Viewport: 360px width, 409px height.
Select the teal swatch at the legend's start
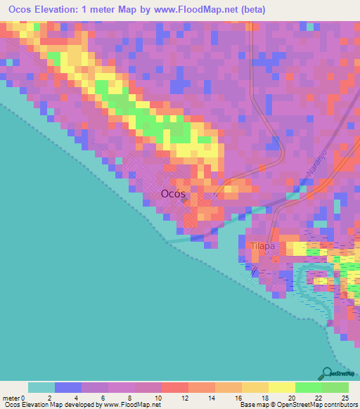41,387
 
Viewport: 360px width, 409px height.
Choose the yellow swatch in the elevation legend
282,387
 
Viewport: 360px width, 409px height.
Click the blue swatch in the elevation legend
68,387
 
